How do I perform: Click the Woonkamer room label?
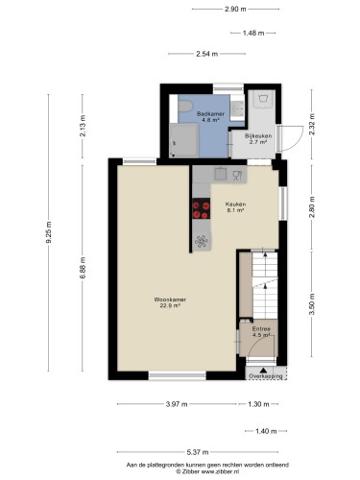point(170,300)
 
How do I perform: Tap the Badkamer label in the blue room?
point(210,113)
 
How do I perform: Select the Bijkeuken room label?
point(258,135)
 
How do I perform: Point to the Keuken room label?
point(235,204)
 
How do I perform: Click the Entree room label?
point(261,329)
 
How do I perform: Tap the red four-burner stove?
point(202,208)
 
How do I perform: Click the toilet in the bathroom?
point(185,107)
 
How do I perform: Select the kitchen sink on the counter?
point(221,174)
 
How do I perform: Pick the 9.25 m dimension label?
point(49,232)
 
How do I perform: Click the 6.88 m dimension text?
point(83,268)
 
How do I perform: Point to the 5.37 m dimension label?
point(198,452)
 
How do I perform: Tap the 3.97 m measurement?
point(177,404)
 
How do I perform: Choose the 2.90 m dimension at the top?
point(235,9)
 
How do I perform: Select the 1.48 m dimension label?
point(253,33)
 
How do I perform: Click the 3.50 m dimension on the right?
point(312,304)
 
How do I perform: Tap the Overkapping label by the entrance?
point(266,376)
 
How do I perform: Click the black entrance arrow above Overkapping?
point(263,371)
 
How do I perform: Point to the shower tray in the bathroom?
point(184,140)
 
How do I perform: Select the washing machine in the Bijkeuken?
point(264,99)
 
